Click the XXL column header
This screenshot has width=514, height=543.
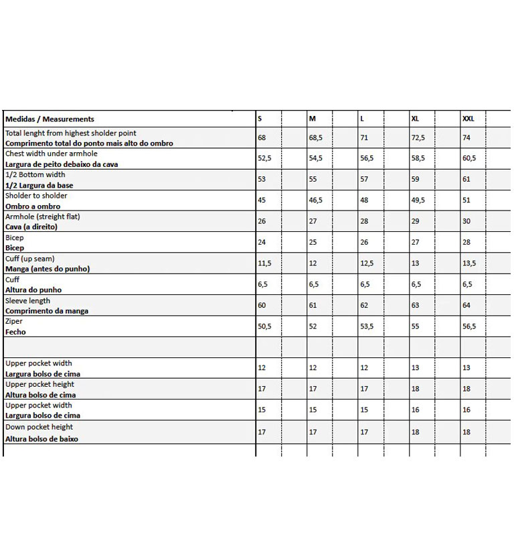pos(468,119)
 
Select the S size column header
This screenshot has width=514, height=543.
pos(260,119)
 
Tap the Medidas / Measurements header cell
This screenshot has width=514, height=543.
pos(50,119)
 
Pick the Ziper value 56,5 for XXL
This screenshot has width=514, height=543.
pos(469,326)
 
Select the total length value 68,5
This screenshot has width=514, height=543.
pos(315,138)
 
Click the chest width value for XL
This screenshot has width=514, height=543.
pos(418,159)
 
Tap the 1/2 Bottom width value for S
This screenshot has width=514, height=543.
pos(262,180)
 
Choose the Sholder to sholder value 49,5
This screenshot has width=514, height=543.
pos(418,200)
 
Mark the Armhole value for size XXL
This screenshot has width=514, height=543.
pos(466,222)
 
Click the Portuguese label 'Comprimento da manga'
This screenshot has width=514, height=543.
pos(47,311)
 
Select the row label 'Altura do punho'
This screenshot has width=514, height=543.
pos(33,290)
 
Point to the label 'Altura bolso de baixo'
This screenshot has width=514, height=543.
pos(41,439)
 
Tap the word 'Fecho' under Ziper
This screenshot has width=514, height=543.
pos(15,332)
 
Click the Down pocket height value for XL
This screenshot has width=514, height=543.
pos(416,432)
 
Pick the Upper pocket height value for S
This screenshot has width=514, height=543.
pos(261,389)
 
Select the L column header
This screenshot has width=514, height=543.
pos(362,119)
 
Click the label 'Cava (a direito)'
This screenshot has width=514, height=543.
pos(31,227)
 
